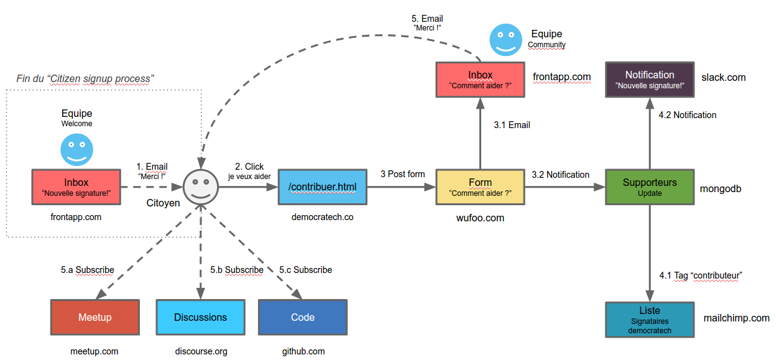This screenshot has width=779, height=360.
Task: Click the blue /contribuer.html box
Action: pos(323,187)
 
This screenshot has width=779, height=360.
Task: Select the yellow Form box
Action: pos(480,187)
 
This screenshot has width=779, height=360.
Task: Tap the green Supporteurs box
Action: pos(650,187)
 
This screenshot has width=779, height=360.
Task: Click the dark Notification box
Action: pos(650,80)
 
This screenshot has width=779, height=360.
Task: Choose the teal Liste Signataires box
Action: pos(650,320)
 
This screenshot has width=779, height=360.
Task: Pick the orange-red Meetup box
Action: pos(95,317)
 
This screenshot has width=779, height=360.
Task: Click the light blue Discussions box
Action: pos(200,317)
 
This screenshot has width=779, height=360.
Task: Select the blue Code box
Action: pos(303,317)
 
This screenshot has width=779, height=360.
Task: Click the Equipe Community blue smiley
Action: pos(506,40)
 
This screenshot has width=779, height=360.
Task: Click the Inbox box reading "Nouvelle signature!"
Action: pos(76,187)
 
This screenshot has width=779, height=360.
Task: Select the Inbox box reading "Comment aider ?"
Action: pos(480,80)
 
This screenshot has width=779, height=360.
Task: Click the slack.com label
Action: pos(723,77)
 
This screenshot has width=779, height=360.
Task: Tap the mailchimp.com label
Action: pos(736,318)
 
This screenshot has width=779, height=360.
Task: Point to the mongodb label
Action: pos(721,188)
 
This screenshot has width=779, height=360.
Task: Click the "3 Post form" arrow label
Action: pos(402,174)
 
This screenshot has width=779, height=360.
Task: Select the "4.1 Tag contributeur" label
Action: pos(701,275)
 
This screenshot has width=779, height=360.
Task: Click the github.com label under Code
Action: pos(303,351)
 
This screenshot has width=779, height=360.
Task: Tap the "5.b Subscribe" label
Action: pos(236,270)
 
